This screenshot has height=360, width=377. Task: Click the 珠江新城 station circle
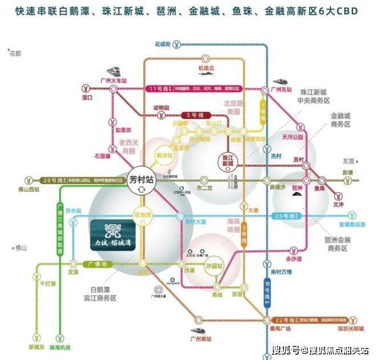(226, 160)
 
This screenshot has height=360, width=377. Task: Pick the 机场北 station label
(206, 69)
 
